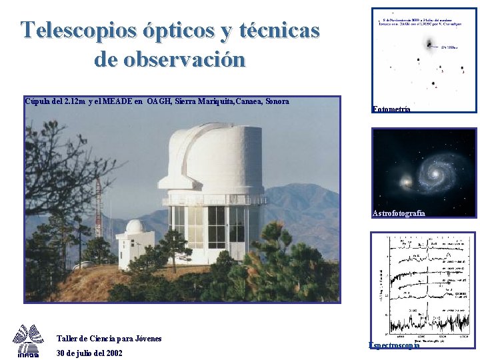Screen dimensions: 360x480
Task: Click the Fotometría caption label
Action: [392, 109]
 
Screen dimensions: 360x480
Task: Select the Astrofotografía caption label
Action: [399, 213]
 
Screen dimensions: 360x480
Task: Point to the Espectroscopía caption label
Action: [394, 345]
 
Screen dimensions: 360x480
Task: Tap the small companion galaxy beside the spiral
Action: [405, 181]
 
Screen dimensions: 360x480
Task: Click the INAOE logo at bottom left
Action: [28, 341]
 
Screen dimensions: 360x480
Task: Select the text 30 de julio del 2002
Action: [89, 353]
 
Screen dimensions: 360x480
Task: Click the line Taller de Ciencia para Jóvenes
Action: [109, 339]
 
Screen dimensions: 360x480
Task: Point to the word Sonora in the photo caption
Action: [277, 102]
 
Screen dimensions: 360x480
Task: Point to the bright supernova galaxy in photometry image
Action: [427, 45]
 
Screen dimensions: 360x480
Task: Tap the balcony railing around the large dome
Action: [213, 199]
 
